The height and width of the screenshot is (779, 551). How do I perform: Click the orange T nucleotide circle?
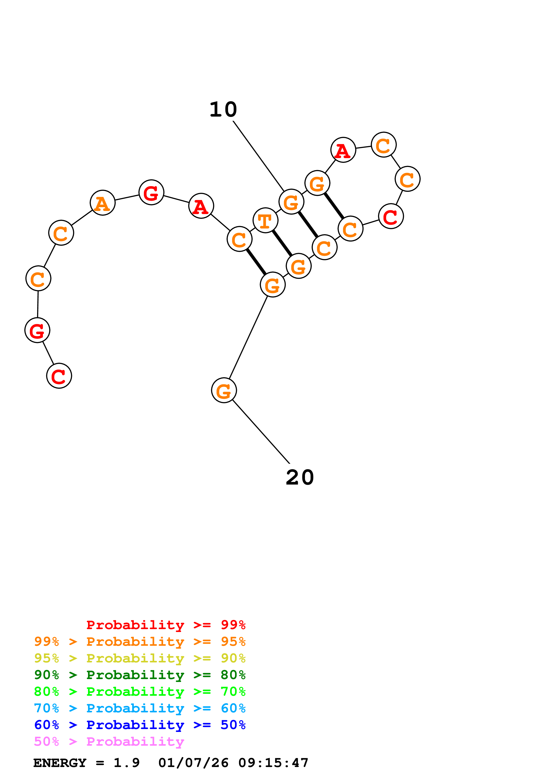pos(265,221)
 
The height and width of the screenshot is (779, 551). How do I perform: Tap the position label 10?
pos(223,110)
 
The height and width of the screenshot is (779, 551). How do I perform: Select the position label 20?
pos(300,478)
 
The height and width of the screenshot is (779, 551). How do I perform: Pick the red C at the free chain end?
pos(59,376)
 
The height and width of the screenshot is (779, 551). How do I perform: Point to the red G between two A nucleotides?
pos(151,192)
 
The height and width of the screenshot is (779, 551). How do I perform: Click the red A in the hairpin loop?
pos(343,150)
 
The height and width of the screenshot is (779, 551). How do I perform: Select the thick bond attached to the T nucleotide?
pos(282,243)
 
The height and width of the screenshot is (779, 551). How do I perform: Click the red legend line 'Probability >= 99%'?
pos(166,625)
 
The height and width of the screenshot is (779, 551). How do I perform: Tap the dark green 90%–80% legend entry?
pos(140,675)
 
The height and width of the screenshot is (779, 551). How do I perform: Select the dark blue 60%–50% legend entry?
pos(140,725)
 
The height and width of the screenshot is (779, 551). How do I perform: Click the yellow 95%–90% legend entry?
pos(140,658)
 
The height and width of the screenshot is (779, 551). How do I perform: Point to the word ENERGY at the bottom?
pos(60,763)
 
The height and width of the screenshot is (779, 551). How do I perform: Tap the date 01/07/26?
pos(193,763)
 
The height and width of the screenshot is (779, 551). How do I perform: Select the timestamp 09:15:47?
pos(273,763)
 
